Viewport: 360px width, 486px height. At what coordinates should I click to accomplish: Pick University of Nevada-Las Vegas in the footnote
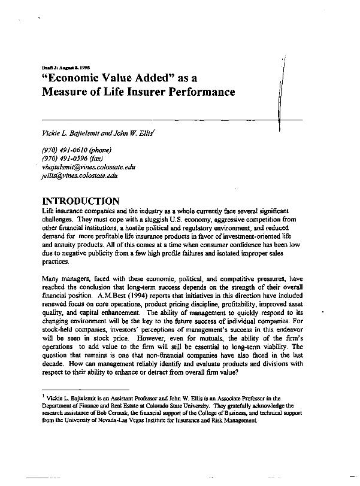coord(102,420)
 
